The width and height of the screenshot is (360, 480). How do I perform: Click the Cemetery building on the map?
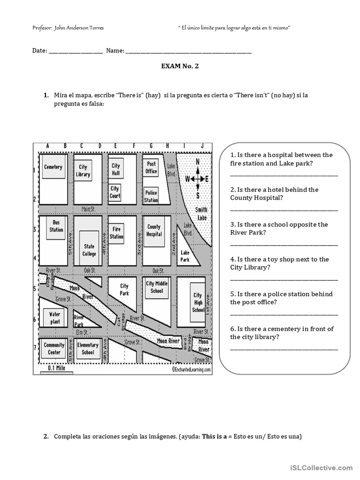53,167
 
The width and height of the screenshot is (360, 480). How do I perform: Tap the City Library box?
83,170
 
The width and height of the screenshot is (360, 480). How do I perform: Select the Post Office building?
151,167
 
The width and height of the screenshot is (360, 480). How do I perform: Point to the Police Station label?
151,196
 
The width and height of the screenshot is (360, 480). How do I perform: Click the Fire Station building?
117,233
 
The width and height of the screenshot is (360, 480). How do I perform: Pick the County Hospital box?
154,231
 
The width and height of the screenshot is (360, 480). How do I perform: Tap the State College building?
89,250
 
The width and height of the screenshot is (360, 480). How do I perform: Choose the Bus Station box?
56,226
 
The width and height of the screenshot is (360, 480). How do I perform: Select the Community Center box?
54,348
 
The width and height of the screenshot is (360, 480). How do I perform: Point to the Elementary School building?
88,348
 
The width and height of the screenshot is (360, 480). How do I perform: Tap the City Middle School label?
157,287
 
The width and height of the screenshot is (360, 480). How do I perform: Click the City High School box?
198,302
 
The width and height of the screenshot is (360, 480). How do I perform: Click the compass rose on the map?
197,179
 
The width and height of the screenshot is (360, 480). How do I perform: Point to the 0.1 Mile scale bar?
56,369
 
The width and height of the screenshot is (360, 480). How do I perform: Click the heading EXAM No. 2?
180,66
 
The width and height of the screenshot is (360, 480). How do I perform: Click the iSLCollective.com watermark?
321,467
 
